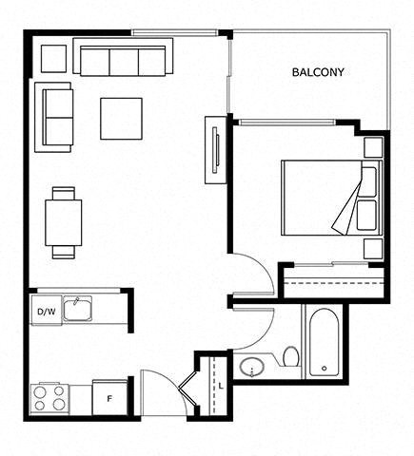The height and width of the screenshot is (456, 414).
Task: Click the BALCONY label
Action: (318, 72)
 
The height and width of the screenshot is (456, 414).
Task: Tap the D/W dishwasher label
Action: (47, 312)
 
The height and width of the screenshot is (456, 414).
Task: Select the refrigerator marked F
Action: (109, 398)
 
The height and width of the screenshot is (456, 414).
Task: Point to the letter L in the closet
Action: (221, 387)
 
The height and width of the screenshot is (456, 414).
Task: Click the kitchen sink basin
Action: (78, 309)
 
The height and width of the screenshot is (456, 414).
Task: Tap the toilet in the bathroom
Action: (291, 356)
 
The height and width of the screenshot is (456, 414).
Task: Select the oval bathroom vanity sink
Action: (252, 368)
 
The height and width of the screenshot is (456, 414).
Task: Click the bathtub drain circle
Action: (325, 369)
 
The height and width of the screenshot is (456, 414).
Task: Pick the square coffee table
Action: (121, 119)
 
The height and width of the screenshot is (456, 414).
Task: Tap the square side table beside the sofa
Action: (54, 59)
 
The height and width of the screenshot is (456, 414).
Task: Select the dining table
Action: (64, 222)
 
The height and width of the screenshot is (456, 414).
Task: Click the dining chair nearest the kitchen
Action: (64, 253)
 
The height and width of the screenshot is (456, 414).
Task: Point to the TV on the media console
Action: (216, 150)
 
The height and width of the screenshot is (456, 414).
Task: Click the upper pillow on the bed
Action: (368, 182)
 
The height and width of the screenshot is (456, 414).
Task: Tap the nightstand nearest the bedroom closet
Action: (373, 249)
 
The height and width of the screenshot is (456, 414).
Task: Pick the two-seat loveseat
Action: (54, 117)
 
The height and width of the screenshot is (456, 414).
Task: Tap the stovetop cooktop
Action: (49, 398)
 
